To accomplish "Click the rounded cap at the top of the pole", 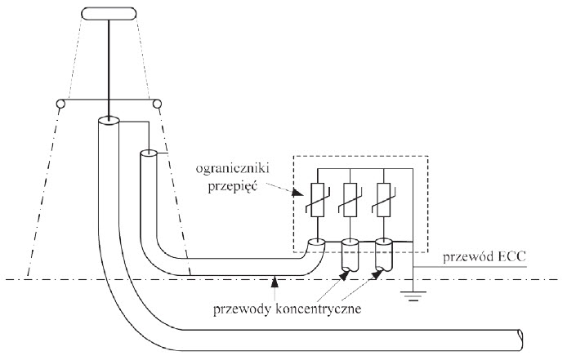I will (109, 15).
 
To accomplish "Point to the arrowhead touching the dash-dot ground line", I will (275, 282).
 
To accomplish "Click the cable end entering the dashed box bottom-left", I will (316, 242).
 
